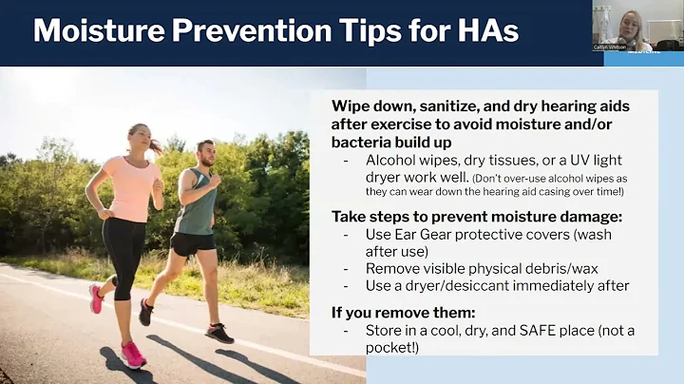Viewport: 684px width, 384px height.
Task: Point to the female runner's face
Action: point(138,138)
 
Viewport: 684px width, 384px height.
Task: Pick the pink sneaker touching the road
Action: point(133,354)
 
